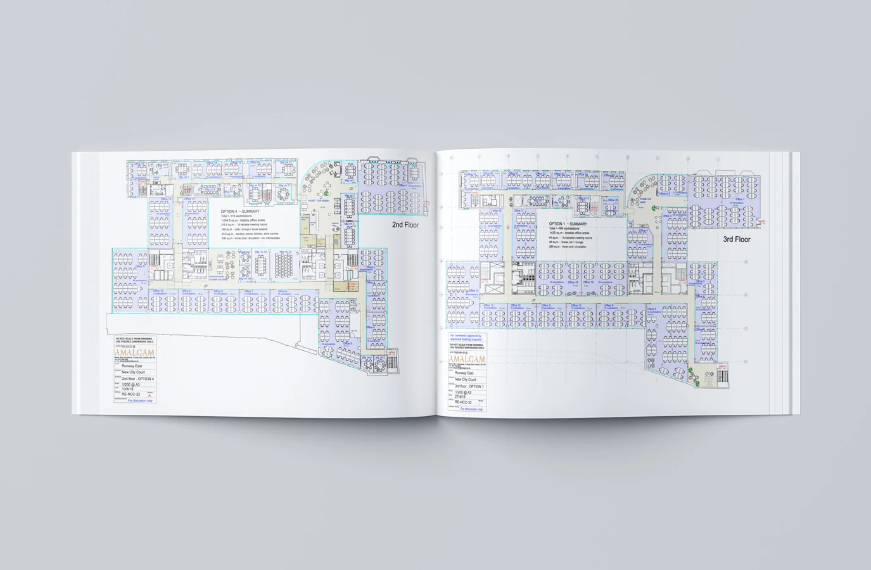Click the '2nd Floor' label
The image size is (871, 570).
click(x=407, y=225)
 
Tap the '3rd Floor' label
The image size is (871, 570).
click(x=737, y=239)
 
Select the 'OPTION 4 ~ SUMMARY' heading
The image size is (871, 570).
click(x=241, y=212)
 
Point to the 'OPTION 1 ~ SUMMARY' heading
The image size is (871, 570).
click(x=568, y=224)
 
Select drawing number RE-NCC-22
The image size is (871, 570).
click(x=132, y=394)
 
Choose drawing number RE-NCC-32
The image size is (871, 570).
click(x=463, y=402)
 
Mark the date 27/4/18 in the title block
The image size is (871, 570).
click(x=460, y=397)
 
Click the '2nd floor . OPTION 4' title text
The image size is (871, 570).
click(x=137, y=379)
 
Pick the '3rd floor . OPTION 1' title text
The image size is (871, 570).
click(x=469, y=386)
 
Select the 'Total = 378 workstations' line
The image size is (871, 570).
click(x=236, y=216)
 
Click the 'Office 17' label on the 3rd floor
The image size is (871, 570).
click(x=518, y=211)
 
